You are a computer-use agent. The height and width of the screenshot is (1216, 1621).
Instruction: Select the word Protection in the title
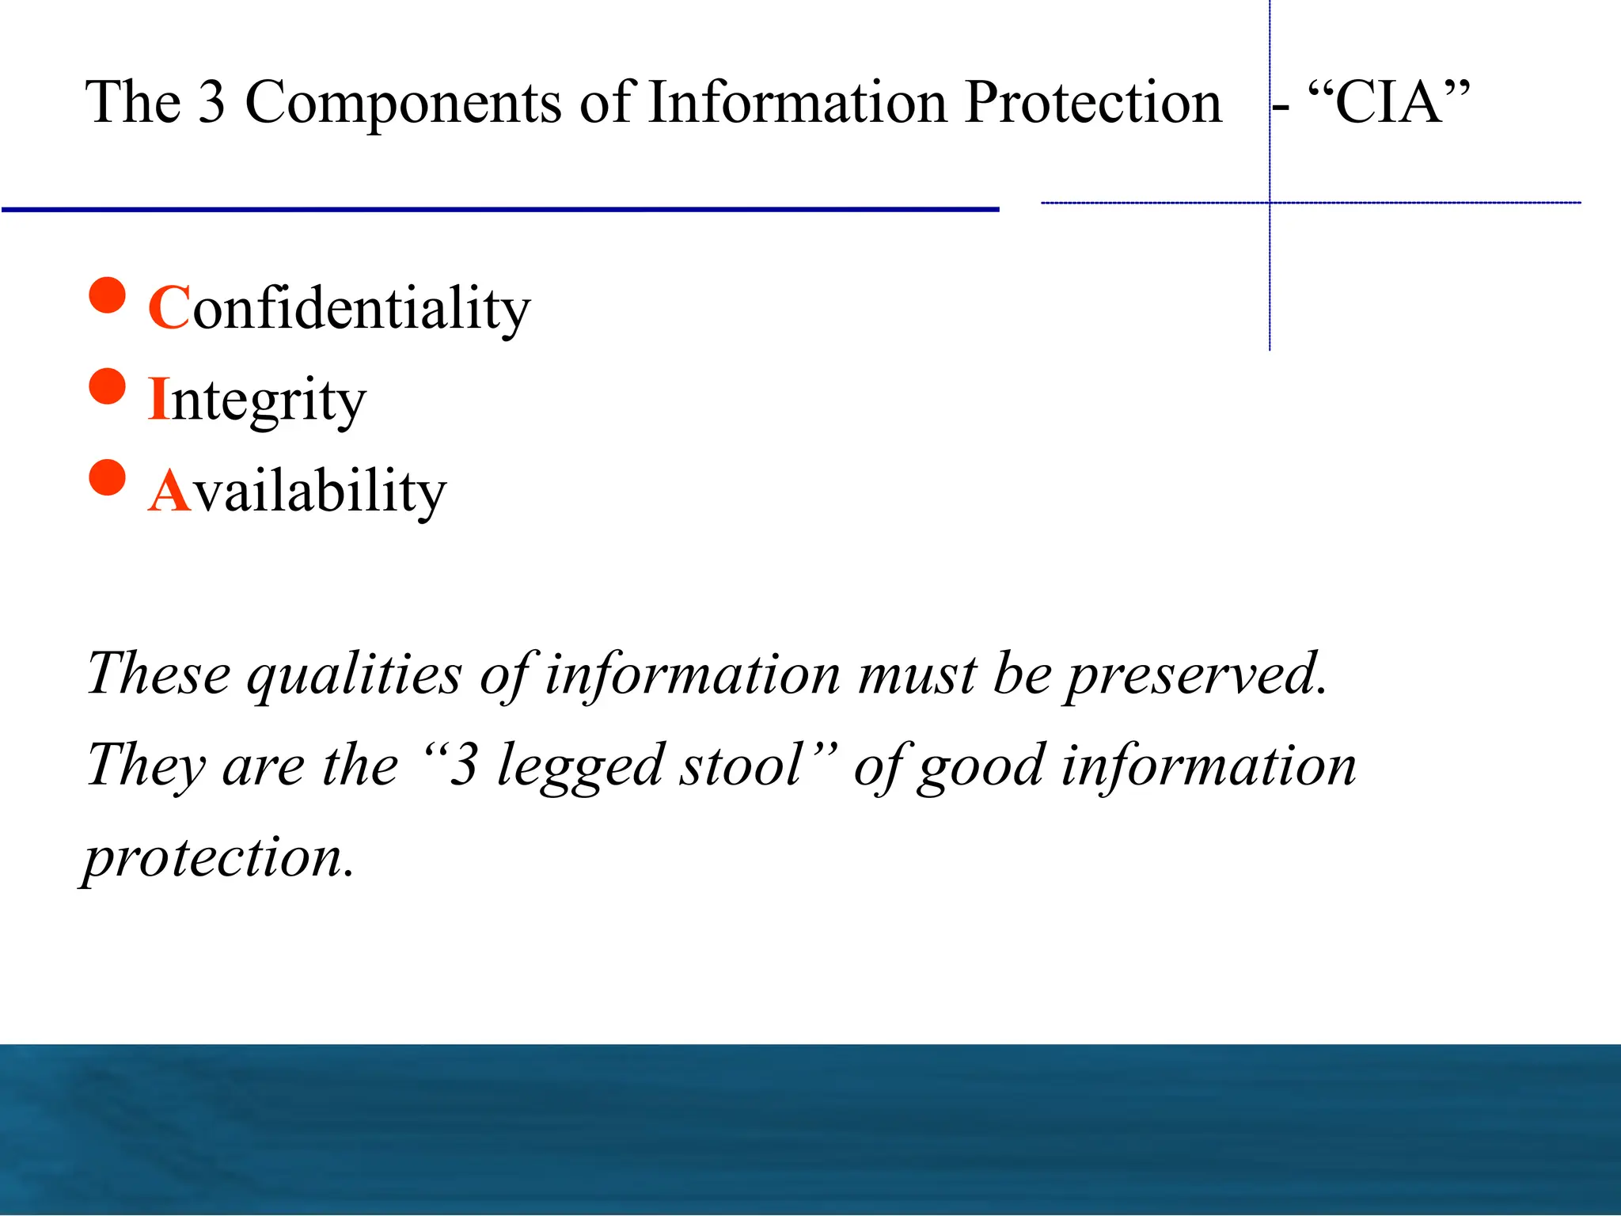(x=1094, y=104)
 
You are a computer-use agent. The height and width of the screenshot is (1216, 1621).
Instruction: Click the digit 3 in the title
(x=211, y=103)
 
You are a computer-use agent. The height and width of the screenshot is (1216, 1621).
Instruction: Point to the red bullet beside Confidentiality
(x=108, y=296)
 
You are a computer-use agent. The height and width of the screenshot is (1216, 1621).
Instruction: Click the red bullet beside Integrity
(x=108, y=387)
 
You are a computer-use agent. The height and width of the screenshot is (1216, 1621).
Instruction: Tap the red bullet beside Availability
(x=108, y=478)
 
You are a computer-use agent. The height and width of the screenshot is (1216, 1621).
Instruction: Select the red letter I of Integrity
(x=158, y=399)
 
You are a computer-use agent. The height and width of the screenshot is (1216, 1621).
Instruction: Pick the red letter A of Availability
(x=170, y=491)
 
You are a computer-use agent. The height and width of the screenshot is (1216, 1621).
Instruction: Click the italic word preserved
(x=1196, y=674)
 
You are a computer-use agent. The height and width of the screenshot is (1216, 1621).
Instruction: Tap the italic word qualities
(x=354, y=675)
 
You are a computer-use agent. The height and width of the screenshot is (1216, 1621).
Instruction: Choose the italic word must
(x=918, y=674)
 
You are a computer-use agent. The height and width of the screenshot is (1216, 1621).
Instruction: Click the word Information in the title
(x=797, y=104)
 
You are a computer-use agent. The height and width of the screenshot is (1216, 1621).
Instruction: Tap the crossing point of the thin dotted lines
(x=1270, y=203)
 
